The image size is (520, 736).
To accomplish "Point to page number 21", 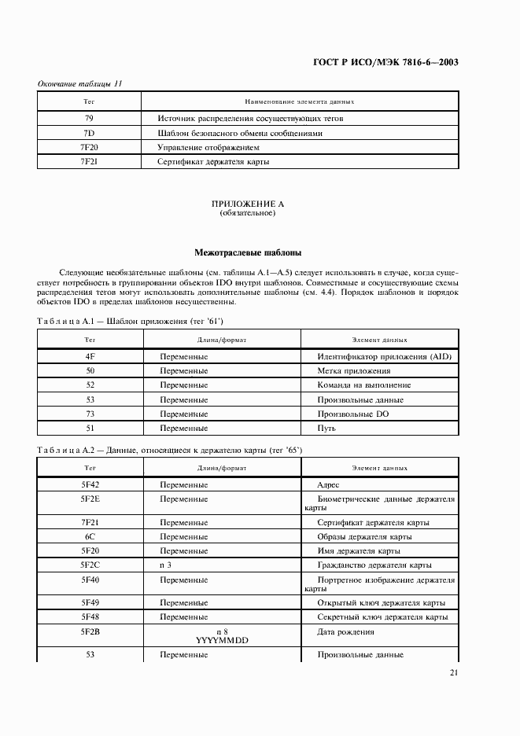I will pyautogui.click(x=454, y=672).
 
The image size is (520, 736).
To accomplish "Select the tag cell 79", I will pyautogui.click(x=89, y=119).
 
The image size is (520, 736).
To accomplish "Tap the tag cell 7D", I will pyautogui.click(x=89, y=133).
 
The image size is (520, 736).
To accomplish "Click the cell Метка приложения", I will pyautogui.click(x=354, y=371).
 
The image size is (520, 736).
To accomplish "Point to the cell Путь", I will pyautogui.click(x=326, y=428).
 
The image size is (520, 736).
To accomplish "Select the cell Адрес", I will pyautogui.click(x=327, y=485).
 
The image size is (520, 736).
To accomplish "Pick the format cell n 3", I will pyautogui.click(x=165, y=565).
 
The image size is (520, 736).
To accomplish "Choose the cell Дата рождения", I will pyautogui.click(x=345, y=631).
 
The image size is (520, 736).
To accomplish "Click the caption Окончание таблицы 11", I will pyautogui.click(x=79, y=84).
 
